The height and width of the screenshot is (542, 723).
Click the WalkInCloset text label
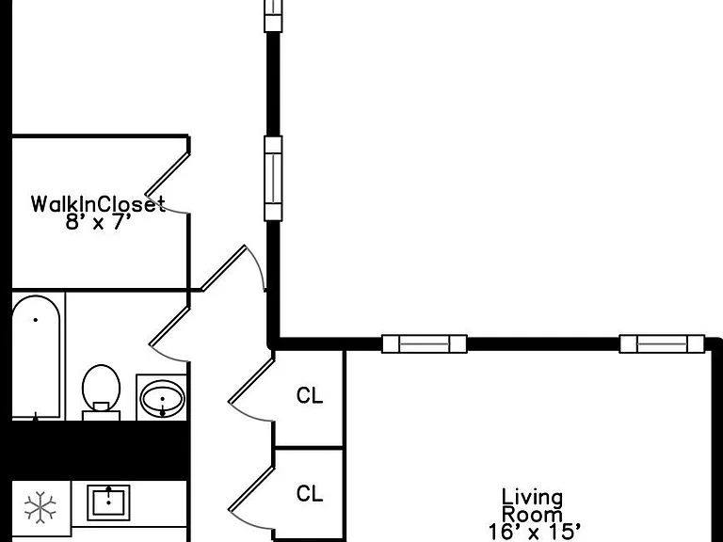click(x=98, y=204)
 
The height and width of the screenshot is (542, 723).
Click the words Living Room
click(x=532, y=506)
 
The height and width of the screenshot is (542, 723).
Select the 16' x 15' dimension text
click(x=534, y=532)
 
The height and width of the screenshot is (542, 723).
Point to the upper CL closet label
click(x=310, y=395)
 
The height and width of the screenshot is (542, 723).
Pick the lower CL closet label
click(x=310, y=494)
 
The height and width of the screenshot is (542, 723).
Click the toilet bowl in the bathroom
click(x=101, y=385)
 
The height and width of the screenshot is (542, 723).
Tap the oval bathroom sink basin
click(x=162, y=398)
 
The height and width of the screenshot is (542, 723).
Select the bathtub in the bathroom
click(x=36, y=358)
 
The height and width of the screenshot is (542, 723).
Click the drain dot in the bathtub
click(x=36, y=319)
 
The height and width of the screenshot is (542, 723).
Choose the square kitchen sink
click(x=109, y=502)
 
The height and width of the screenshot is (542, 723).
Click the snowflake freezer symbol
click(x=40, y=507)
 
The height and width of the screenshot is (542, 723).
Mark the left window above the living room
click(x=425, y=343)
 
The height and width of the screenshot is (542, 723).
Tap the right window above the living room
click(x=662, y=343)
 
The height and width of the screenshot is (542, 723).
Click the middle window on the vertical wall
click(x=273, y=179)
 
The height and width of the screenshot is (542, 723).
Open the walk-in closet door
click(x=168, y=174)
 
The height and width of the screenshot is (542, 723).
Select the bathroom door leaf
click(x=169, y=327)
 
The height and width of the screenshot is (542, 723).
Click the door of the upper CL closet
click(x=251, y=381)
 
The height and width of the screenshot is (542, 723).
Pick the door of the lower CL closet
click(x=251, y=489)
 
